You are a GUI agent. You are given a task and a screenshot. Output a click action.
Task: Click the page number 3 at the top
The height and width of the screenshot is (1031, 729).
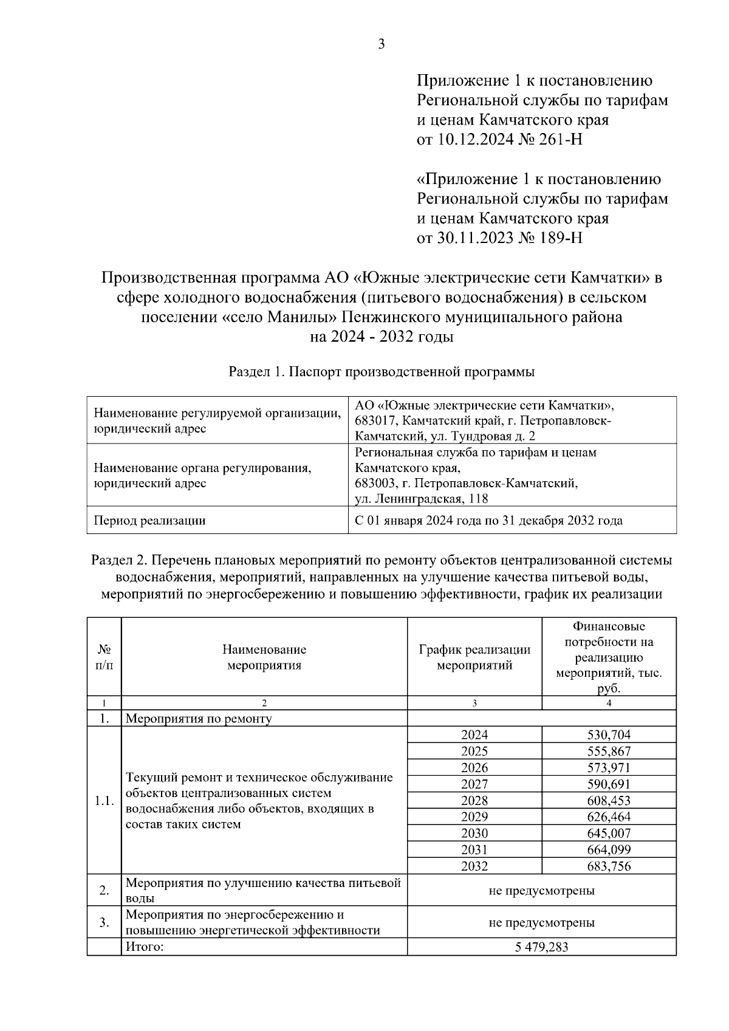click(x=382, y=44)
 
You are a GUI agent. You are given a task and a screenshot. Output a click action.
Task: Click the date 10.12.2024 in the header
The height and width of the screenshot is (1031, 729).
click(x=472, y=140)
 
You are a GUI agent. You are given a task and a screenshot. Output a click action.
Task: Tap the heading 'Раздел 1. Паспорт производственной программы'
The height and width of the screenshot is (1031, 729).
click(x=382, y=372)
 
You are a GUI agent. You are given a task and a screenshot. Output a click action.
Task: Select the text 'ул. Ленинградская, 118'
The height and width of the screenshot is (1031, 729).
click(x=422, y=499)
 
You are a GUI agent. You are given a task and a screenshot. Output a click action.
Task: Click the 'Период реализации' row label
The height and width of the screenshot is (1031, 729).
click(x=149, y=521)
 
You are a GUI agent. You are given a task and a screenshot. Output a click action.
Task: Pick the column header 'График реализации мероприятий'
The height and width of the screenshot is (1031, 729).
click(x=474, y=657)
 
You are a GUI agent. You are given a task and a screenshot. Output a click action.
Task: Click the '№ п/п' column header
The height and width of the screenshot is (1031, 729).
click(x=104, y=657)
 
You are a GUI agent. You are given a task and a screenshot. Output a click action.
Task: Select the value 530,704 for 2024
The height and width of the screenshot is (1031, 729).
click(x=609, y=735)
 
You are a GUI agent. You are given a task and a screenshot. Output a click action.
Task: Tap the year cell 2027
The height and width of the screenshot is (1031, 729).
click(x=474, y=784)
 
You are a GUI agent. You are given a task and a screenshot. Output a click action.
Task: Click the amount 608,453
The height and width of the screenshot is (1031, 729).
click(x=609, y=801)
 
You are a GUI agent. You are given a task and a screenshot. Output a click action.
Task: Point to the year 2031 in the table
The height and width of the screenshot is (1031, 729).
click(x=474, y=850)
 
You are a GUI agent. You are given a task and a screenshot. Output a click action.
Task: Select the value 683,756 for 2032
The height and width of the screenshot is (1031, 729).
click(x=609, y=866)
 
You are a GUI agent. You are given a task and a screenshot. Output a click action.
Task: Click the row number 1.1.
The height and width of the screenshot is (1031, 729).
click(x=104, y=801)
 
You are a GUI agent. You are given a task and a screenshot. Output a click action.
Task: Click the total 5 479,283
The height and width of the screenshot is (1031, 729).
click(x=541, y=947)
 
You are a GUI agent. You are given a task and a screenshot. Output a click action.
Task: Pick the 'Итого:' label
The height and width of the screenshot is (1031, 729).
click(x=145, y=947)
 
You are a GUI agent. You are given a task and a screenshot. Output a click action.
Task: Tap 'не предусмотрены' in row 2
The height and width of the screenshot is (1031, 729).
click(x=541, y=891)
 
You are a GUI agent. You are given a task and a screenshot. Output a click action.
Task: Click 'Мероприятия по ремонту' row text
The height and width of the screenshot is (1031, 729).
click(x=199, y=719)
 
